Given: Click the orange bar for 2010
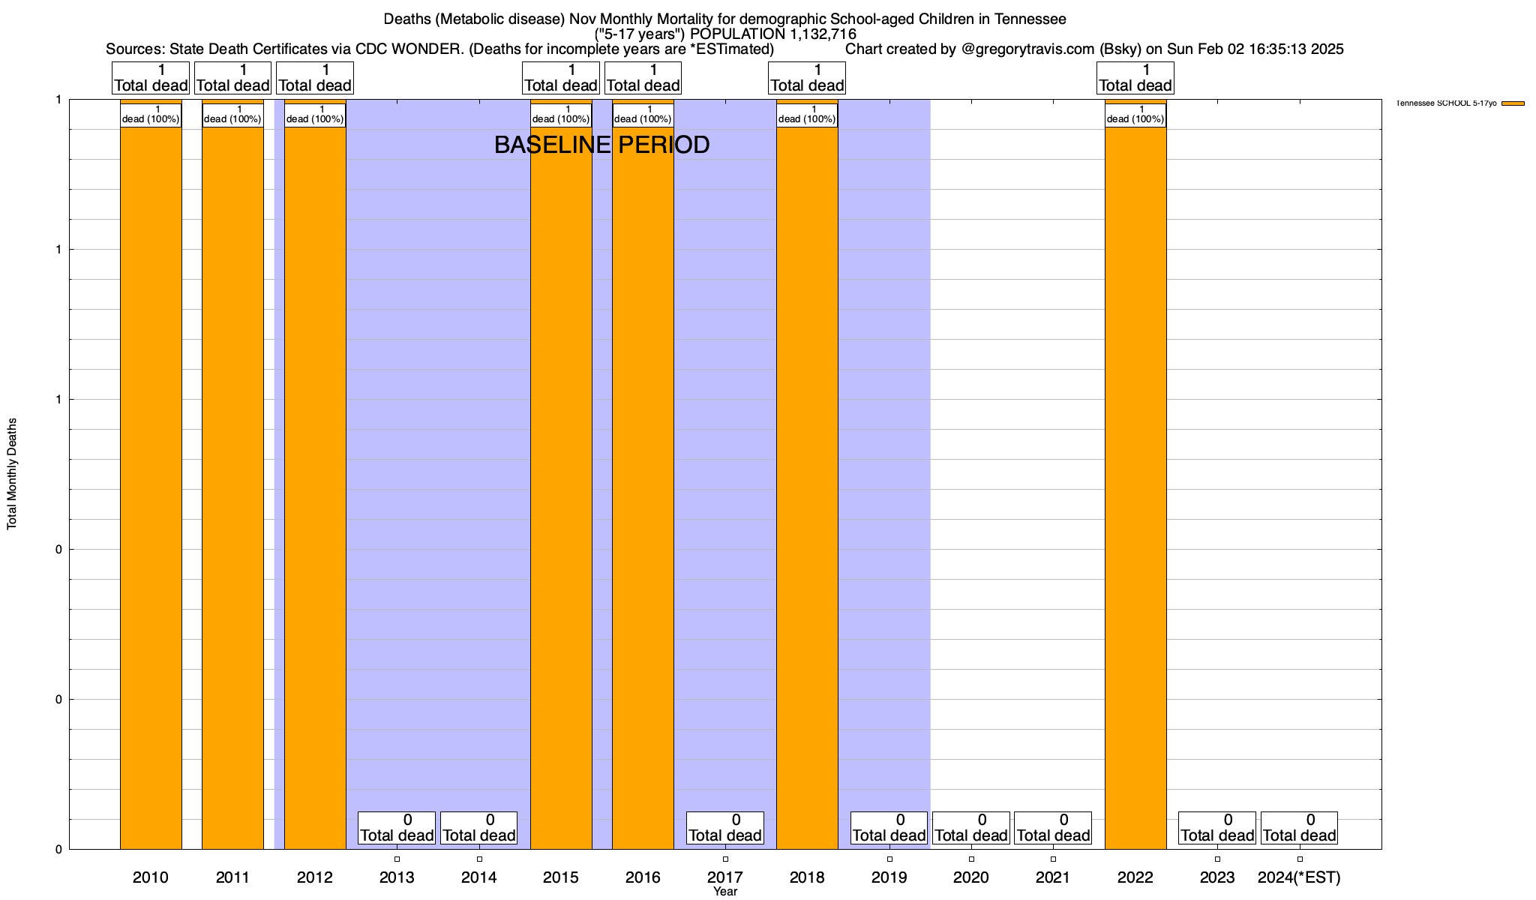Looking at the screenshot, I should [x=151, y=487].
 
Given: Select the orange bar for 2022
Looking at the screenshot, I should [x=1135, y=487].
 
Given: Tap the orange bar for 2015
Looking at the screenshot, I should [x=561, y=487].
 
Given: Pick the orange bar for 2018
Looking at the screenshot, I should [x=807, y=487].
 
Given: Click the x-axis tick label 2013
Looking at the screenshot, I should [x=397, y=877].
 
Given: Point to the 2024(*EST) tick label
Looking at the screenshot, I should [x=1299, y=877].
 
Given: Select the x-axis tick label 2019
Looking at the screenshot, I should [x=889, y=877].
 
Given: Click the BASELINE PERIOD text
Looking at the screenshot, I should [x=601, y=145].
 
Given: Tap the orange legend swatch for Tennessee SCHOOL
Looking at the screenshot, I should [x=1513, y=103].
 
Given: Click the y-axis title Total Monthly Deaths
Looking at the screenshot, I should [x=12, y=474].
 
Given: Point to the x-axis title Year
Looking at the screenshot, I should [x=725, y=892].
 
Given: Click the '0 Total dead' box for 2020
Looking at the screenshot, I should [x=970, y=828].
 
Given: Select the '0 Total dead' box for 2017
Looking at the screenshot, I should [x=725, y=828].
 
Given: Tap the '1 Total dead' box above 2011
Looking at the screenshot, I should [x=232, y=78].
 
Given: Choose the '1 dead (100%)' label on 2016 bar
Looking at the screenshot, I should [x=643, y=115].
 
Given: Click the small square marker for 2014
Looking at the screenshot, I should [x=479, y=859].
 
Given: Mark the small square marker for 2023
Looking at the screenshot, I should [x=1217, y=859].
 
